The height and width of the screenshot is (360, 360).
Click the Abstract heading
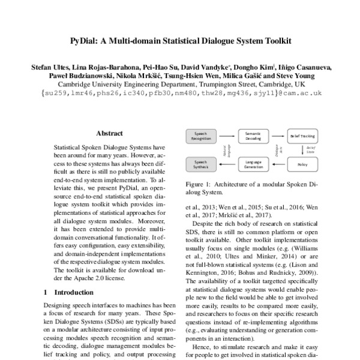[x=109, y=133]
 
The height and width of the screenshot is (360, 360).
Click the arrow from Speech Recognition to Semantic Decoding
[x=228, y=137]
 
